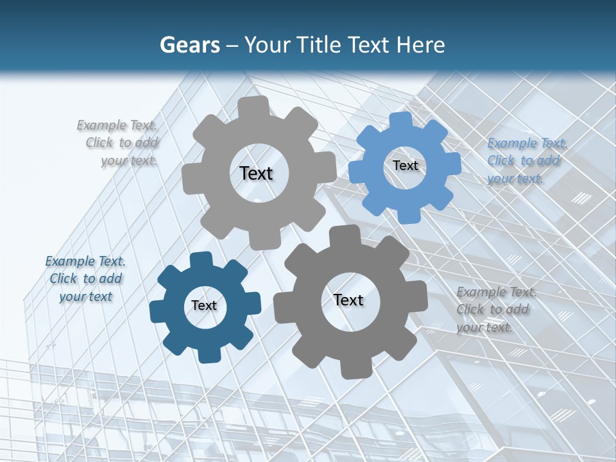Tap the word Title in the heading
(321, 45)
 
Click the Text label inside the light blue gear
(405, 166)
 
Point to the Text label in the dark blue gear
(204, 306)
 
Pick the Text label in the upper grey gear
(256, 173)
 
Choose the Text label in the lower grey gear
(348, 300)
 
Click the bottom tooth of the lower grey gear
(354, 370)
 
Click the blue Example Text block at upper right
(526, 160)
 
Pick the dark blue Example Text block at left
(85, 278)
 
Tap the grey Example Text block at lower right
(495, 309)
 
